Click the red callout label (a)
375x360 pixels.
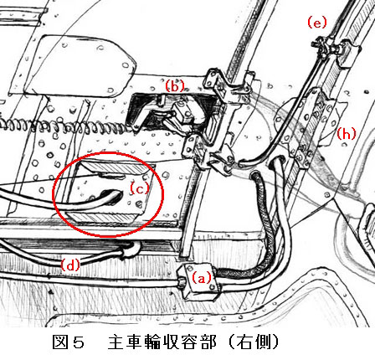(202, 278)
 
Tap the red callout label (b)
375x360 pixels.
(175, 85)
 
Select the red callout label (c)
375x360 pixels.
(140, 189)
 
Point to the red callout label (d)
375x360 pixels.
(70, 265)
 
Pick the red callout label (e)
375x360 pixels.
(317, 23)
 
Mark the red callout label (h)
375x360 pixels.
(347, 134)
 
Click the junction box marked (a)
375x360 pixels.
(198, 281)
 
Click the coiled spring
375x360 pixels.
(67, 126)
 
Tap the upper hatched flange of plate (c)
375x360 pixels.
(117, 167)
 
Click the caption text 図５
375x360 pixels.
(69, 342)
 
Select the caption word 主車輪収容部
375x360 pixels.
(162, 342)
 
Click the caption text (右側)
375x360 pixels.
(254, 342)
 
